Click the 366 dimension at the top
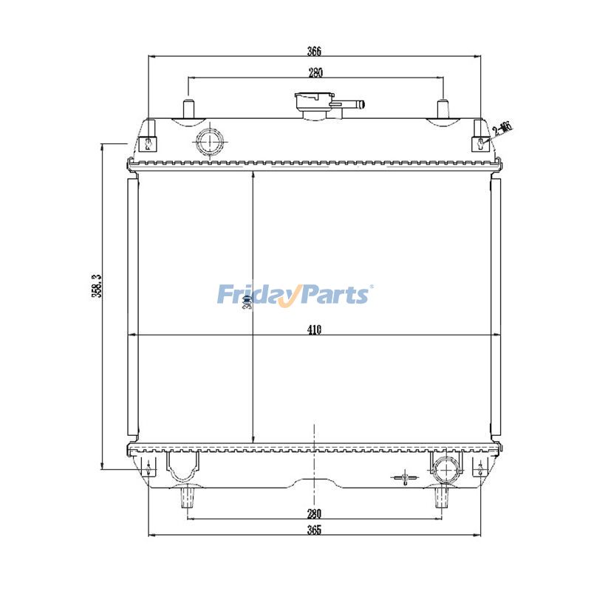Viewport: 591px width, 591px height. coord(315,51)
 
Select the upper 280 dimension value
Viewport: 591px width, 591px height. coord(315,72)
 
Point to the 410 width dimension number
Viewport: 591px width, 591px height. coord(315,330)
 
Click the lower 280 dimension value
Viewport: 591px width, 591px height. coord(315,513)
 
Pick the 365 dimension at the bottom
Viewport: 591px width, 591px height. coord(315,530)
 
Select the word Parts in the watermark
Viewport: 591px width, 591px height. coord(332,295)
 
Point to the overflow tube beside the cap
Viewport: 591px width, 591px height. coord(353,105)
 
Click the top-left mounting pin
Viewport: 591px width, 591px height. coord(188,109)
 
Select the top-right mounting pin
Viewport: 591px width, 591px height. coord(443,109)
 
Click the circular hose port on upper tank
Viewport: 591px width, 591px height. coord(210,140)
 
